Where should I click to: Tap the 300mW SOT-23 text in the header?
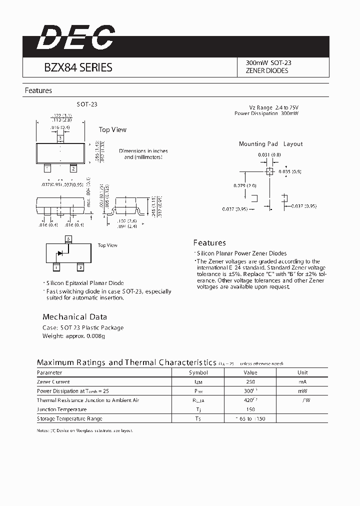point(268,63)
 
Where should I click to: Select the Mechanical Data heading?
point(74,317)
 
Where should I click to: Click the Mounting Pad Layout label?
point(270,144)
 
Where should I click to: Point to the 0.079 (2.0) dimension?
point(244,185)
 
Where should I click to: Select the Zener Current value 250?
point(250,381)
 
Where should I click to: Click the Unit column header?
point(302,372)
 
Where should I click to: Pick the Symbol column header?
point(198,372)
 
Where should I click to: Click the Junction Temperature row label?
point(61,409)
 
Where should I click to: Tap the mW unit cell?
point(302,391)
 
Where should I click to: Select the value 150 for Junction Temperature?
point(250,409)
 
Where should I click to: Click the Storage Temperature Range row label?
point(69,418)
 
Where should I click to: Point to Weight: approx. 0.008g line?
point(73,336)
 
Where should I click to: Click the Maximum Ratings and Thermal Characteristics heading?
point(126,362)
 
